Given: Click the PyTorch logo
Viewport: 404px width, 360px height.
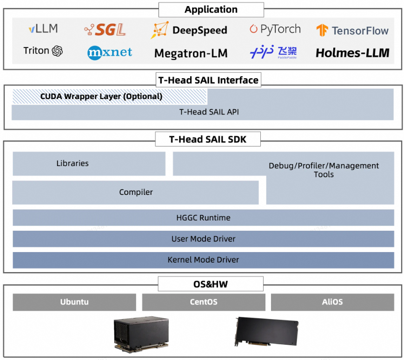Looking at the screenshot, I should [x=275, y=29].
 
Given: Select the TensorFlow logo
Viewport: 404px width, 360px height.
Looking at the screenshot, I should [x=352, y=31].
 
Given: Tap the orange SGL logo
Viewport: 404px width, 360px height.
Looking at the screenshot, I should [x=105, y=30].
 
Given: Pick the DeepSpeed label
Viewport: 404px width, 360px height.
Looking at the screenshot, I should [x=189, y=30].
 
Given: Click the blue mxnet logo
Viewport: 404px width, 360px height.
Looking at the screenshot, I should [x=110, y=52].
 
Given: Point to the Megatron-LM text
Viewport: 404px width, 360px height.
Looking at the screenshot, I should [x=191, y=53].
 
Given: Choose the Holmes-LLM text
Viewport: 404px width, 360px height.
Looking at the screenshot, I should [x=352, y=53].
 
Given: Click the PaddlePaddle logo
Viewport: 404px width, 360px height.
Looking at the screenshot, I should [x=273, y=53].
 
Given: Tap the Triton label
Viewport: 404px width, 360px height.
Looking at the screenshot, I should [x=43, y=51].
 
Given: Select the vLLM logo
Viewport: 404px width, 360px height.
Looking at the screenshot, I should [x=43, y=28].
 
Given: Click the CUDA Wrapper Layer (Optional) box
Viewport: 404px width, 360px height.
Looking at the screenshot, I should [x=109, y=97].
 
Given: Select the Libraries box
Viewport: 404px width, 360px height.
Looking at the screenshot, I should [x=89, y=164].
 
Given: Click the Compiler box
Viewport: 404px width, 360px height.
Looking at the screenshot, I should [x=135, y=192].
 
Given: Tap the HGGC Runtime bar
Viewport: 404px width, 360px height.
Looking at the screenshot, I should [x=203, y=218].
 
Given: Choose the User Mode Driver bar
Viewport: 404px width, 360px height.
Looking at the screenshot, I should [x=203, y=239].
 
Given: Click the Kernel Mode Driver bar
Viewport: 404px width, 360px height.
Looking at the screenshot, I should [x=203, y=260].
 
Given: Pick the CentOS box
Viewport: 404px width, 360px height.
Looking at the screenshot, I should [x=203, y=302].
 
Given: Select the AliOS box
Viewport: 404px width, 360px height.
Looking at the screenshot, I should [x=332, y=302].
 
